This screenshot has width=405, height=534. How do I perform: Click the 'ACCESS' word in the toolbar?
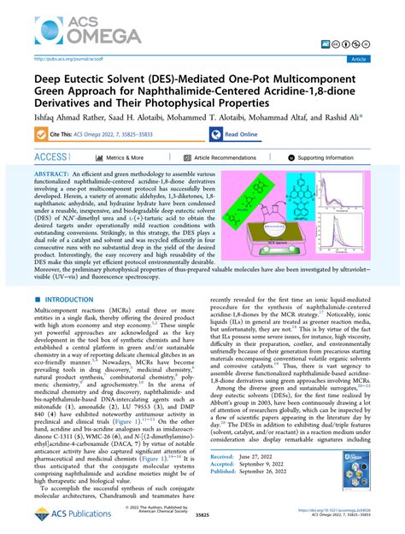tap(51, 157)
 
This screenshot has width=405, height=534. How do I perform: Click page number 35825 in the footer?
tap(202, 517)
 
